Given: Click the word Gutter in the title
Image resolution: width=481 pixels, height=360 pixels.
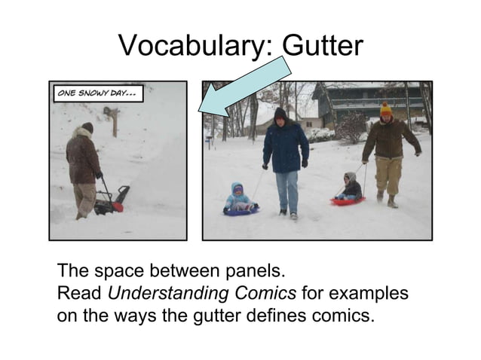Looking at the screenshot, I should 322,47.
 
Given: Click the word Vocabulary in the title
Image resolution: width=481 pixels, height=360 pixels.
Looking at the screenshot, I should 192,47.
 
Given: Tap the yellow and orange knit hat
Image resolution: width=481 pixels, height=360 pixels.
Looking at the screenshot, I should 386,108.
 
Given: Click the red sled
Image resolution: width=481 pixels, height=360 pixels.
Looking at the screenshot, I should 348,201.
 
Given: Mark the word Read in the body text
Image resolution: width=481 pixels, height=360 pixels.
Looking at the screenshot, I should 80,293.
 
